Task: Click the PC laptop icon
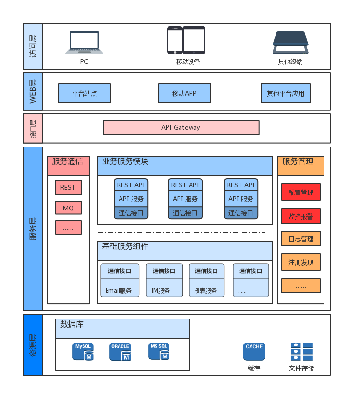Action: click(84, 43)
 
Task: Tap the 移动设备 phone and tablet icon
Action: click(186, 40)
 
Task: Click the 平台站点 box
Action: click(84, 93)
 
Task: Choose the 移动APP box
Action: click(184, 93)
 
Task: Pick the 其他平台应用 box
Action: click(286, 93)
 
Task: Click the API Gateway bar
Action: click(181, 127)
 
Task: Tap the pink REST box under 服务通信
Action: click(68, 187)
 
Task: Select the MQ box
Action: click(68, 208)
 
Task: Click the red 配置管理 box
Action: click(301, 192)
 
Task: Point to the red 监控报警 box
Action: click(301, 216)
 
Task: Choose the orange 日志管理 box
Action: click(301, 239)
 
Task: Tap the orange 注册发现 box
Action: click(301, 262)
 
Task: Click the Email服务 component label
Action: click(119, 291)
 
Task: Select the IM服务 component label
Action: click(161, 291)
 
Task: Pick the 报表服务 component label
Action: click(205, 291)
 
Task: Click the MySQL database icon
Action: click(83, 352)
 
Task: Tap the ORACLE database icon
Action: click(120, 352)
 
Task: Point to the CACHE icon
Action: click(254, 352)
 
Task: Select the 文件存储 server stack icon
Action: click(301, 352)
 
